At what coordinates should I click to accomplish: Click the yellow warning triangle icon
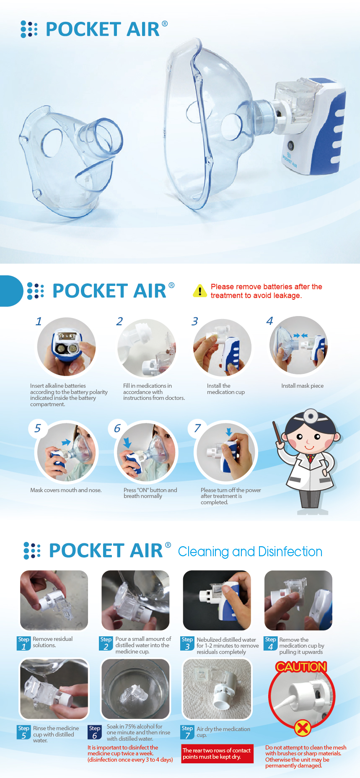[x=200, y=290]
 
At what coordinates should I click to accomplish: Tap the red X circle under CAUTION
[x=302, y=728]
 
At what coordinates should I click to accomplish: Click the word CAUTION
[x=301, y=666]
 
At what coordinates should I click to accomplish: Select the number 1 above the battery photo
[x=39, y=321]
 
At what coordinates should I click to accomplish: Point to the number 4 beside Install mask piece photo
[x=269, y=321]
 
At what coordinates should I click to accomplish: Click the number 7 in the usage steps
[x=197, y=428]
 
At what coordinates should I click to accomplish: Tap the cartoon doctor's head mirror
[x=311, y=416]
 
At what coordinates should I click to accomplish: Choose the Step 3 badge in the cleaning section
[x=187, y=643]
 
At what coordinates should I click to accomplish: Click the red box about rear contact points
[x=218, y=753]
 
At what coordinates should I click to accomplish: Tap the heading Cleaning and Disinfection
[x=250, y=552]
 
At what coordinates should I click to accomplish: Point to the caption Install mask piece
[x=302, y=386]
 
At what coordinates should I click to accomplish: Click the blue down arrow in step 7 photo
[x=229, y=432]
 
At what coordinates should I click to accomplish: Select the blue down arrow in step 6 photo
[x=127, y=442]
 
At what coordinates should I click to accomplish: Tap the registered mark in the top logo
[x=165, y=23]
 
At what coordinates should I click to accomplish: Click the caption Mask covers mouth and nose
[x=66, y=490]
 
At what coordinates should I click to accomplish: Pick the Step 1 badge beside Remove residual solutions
[x=23, y=643]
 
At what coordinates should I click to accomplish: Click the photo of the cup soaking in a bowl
[x=135, y=689]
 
